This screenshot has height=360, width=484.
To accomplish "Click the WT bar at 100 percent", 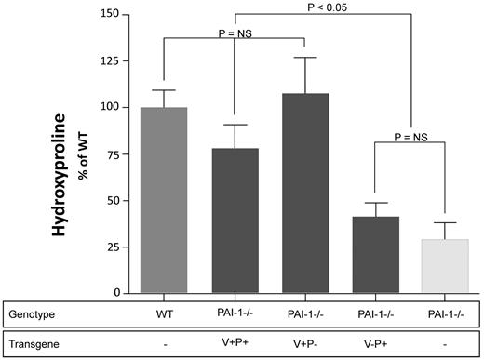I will coord(164,200).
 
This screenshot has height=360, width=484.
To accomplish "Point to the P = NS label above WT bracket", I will coord(235,33).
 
